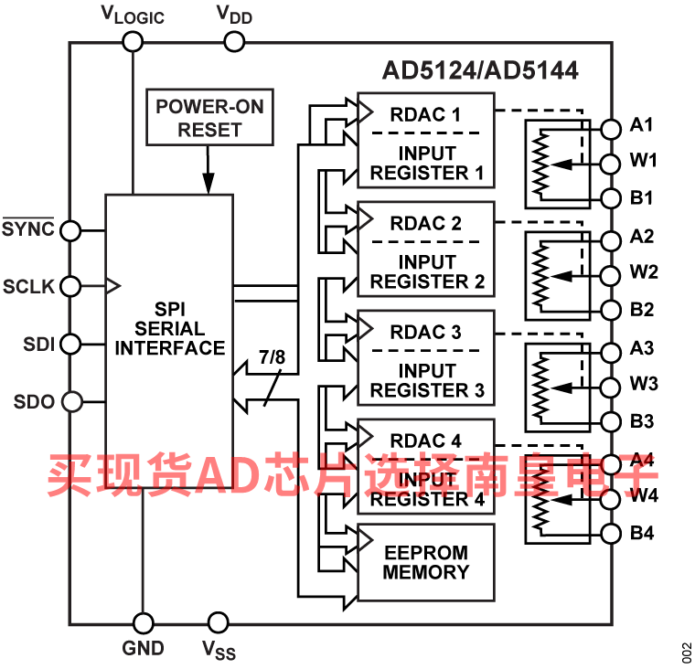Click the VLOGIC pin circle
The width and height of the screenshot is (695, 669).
click(x=133, y=43)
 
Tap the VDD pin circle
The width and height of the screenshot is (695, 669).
click(x=234, y=43)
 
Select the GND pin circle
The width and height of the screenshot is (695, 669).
click(x=144, y=624)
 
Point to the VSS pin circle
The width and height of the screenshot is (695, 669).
click(x=218, y=622)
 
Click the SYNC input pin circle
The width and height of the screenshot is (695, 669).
click(x=70, y=231)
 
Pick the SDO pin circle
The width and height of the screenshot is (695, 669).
click(x=72, y=402)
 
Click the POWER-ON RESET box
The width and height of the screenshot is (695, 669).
click(x=209, y=117)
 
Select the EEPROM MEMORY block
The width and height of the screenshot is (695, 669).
click(x=426, y=563)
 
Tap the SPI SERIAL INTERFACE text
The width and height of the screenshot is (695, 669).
click(x=170, y=329)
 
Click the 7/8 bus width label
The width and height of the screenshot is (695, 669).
click(x=273, y=356)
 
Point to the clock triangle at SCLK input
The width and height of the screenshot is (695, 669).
click(x=113, y=286)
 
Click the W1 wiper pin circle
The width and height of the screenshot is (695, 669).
click(x=610, y=165)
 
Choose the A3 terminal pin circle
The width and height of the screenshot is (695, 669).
click(x=610, y=352)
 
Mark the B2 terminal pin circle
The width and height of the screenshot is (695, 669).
click(x=610, y=310)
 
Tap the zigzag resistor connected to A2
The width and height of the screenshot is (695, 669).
click(x=540, y=276)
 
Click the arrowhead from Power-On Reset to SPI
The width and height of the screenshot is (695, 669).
click(x=208, y=184)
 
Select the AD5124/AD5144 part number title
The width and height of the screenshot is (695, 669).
click(x=480, y=70)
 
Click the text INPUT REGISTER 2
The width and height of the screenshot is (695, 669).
click(x=427, y=271)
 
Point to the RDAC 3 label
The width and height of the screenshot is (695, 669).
click(x=425, y=333)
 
